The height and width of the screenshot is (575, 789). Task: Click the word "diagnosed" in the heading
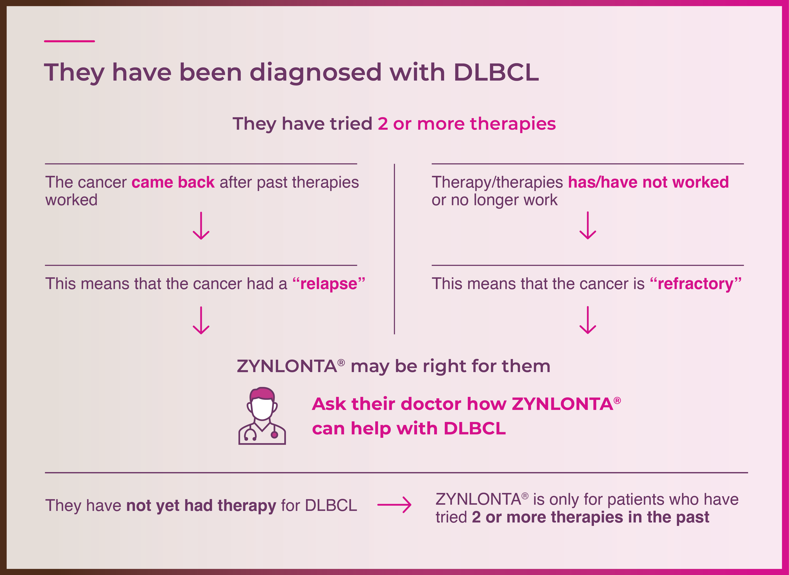click(316, 73)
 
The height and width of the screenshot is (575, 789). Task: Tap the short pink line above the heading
click(69, 41)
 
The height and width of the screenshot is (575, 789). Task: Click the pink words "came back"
click(173, 182)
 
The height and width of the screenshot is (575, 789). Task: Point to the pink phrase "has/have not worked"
click(648, 182)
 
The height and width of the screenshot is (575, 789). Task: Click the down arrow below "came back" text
click(201, 226)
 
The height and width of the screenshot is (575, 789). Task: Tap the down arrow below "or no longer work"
click(588, 226)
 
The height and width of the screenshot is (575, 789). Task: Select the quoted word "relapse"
click(329, 284)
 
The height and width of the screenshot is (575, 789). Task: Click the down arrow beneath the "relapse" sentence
click(201, 320)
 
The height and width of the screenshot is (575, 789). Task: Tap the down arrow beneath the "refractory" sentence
click(588, 320)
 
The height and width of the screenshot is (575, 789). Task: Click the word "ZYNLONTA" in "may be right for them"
click(287, 367)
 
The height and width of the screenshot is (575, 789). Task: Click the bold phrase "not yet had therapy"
click(201, 506)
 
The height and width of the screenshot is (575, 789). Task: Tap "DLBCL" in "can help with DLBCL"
click(475, 429)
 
